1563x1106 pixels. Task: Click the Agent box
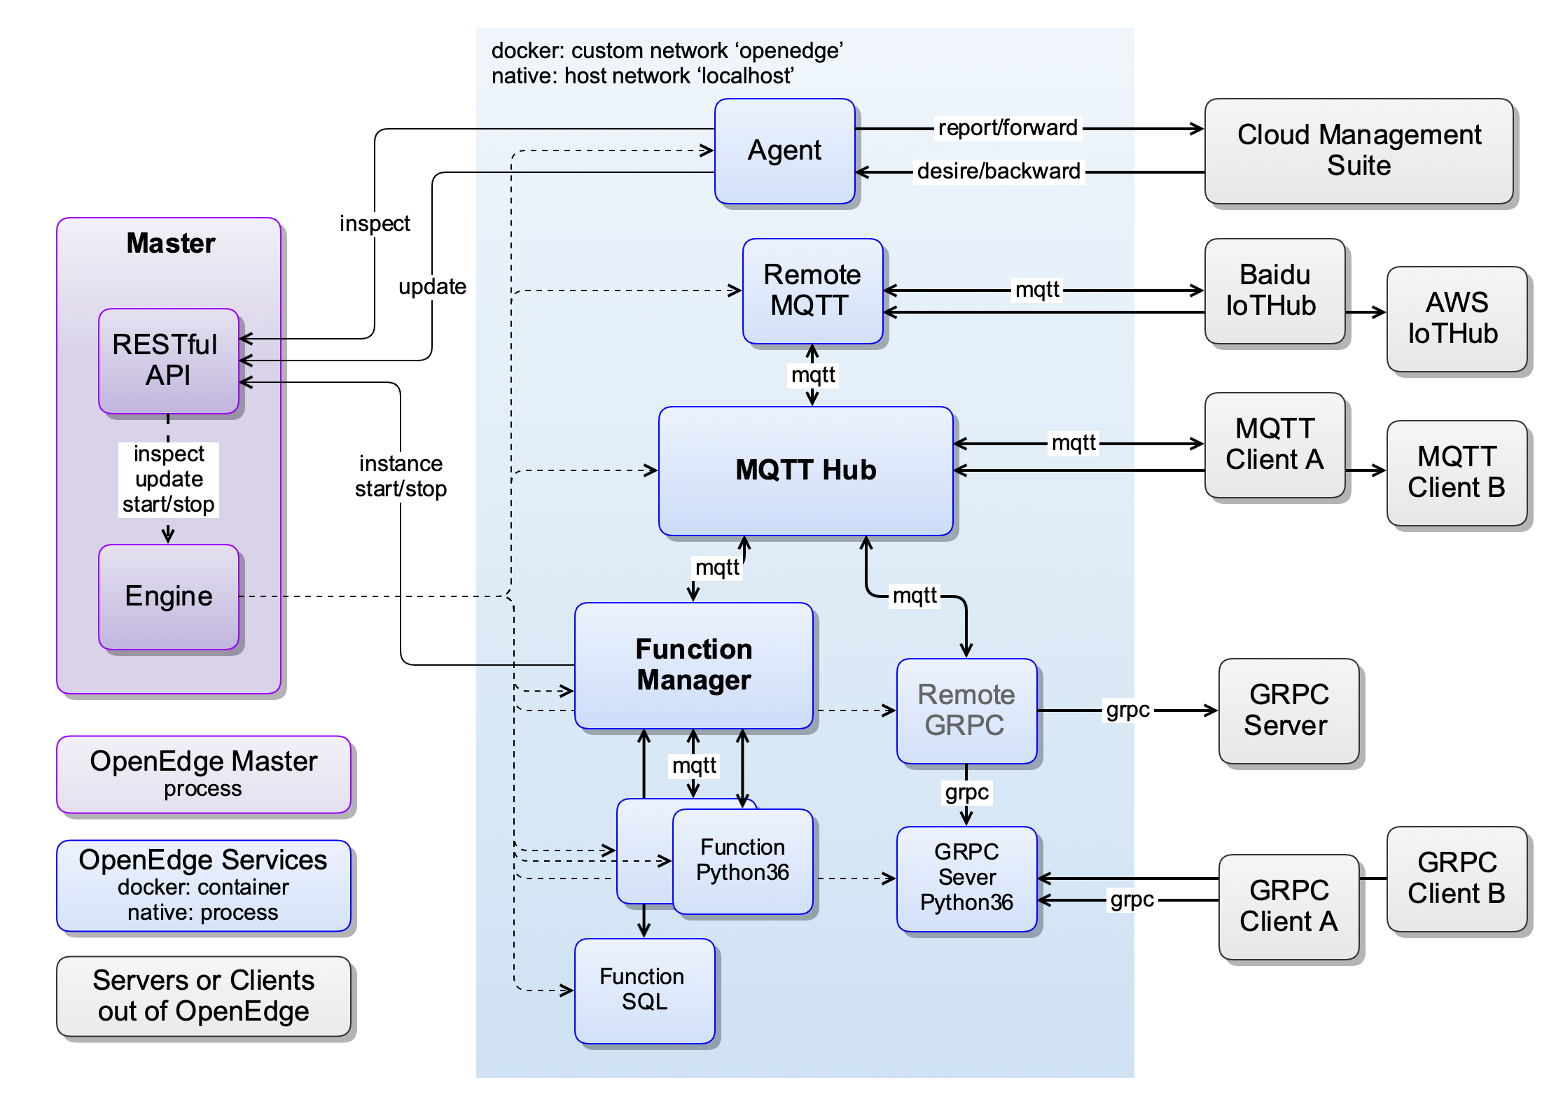(784, 151)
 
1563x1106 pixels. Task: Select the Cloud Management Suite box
(1359, 151)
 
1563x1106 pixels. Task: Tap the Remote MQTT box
(812, 290)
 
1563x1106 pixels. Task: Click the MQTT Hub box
(805, 470)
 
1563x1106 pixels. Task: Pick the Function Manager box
(693, 665)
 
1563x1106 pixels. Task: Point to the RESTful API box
(168, 360)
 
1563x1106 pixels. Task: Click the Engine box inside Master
(168, 596)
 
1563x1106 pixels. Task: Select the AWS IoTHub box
(1457, 318)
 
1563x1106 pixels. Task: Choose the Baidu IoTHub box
(1274, 290)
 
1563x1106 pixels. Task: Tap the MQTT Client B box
(1457, 472)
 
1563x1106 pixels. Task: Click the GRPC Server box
(1288, 710)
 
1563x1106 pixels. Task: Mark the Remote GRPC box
(966, 710)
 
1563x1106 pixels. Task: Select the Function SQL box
(644, 990)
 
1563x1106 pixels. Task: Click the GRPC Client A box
(1288, 906)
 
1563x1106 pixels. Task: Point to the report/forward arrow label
(1008, 128)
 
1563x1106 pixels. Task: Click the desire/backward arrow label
(999, 171)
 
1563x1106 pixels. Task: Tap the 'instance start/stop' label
(401, 476)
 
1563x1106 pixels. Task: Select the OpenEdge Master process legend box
(203, 774)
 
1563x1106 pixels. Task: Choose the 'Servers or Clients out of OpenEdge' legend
(203, 996)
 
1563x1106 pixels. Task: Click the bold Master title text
(170, 244)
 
